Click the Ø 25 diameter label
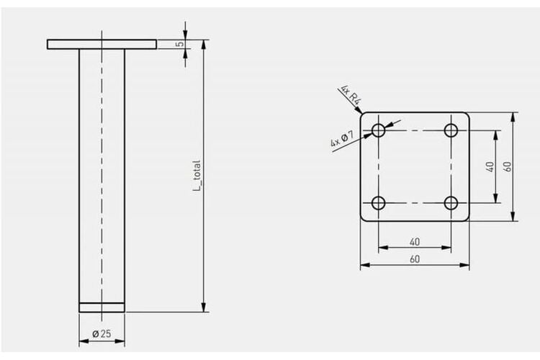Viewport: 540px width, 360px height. point(102,333)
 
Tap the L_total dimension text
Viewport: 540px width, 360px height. point(197,176)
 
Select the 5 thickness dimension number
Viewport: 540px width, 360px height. point(179,44)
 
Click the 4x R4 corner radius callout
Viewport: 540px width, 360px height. point(351,94)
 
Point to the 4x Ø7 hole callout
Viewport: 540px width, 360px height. point(342,138)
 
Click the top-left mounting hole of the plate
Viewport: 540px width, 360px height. point(379,130)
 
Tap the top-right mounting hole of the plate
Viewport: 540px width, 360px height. point(451,130)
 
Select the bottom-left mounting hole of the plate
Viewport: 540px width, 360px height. point(379,203)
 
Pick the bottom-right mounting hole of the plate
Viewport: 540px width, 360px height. point(451,203)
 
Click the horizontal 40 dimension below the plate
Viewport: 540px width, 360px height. point(415,242)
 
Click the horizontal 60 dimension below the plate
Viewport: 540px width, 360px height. point(415,259)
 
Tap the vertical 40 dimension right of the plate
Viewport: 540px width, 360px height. point(490,167)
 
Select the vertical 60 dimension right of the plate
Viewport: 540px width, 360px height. point(508,167)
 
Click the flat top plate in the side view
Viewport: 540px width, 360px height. point(102,45)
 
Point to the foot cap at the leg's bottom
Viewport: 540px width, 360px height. point(102,307)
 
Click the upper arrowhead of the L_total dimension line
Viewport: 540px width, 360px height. point(204,45)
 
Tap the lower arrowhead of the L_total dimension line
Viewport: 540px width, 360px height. point(204,307)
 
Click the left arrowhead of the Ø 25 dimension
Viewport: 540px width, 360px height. point(84,341)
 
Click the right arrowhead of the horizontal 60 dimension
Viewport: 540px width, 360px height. point(464,265)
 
